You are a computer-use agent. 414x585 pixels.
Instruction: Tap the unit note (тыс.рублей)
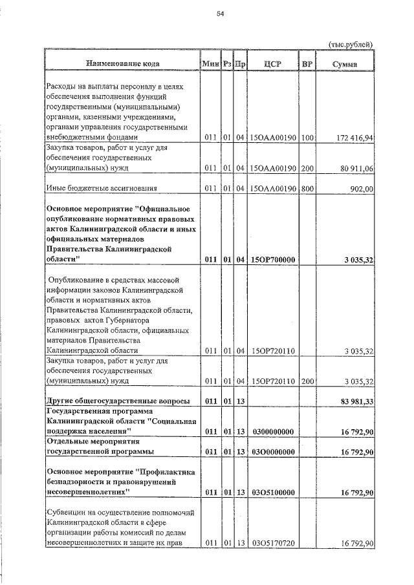point(351,44)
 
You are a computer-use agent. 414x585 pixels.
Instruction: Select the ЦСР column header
point(272,63)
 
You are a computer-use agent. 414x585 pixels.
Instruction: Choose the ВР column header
point(307,63)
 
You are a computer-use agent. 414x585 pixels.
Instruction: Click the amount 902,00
point(362,189)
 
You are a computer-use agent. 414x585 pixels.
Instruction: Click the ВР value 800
point(307,189)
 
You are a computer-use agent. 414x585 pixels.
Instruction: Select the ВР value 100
point(307,137)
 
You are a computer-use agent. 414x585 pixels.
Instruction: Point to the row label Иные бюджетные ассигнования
point(101,189)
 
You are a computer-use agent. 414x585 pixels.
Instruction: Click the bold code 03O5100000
point(272,493)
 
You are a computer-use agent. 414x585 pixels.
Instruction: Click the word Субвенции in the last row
point(66,512)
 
